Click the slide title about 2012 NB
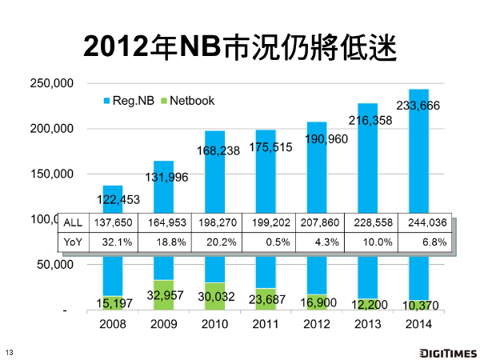(x=240, y=47)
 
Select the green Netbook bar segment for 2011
(x=266, y=298)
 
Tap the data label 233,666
(x=418, y=104)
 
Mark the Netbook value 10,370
(x=418, y=305)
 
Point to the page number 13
(x=10, y=353)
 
